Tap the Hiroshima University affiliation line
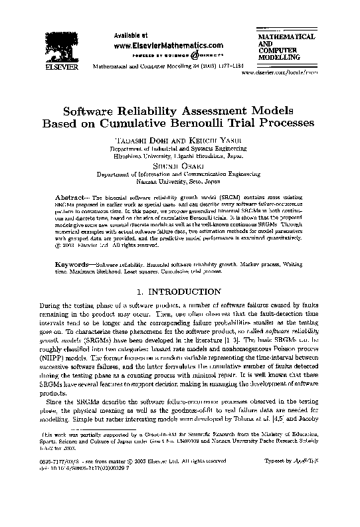click(x=180, y=157)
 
